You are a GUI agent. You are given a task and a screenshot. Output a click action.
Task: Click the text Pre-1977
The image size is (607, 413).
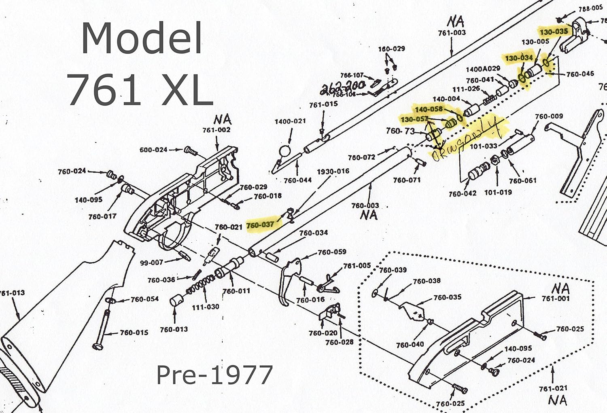[214, 375]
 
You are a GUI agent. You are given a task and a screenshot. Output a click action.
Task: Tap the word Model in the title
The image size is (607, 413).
[142, 38]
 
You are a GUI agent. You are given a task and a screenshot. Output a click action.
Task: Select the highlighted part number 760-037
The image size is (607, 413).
[260, 225]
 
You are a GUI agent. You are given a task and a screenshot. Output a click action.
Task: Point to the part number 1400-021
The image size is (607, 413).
[290, 121]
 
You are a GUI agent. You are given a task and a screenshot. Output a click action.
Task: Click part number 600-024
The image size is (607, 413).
[153, 150]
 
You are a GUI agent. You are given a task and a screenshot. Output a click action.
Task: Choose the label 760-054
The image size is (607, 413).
[144, 299]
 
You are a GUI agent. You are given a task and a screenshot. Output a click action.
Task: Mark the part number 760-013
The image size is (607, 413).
[174, 329]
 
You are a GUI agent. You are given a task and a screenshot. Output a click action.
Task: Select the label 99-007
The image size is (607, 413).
[151, 263]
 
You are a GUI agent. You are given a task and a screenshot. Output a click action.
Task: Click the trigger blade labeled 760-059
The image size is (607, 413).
[291, 279]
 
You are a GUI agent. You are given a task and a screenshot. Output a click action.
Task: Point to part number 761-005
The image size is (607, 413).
[357, 266]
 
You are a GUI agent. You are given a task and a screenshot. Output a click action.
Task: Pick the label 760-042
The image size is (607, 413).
[462, 194]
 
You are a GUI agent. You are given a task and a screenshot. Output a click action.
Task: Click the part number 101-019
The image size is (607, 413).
[498, 192]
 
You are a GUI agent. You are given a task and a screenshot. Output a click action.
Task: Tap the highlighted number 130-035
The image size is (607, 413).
[553, 31]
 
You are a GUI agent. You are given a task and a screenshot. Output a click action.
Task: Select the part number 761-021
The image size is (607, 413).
[553, 388]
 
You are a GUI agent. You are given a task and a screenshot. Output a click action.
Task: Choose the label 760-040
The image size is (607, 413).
[410, 345]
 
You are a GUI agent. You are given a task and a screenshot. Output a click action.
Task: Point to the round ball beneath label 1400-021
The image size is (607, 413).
[285, 152]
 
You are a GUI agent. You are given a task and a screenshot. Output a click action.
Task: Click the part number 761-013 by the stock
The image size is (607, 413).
[12, 293]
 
